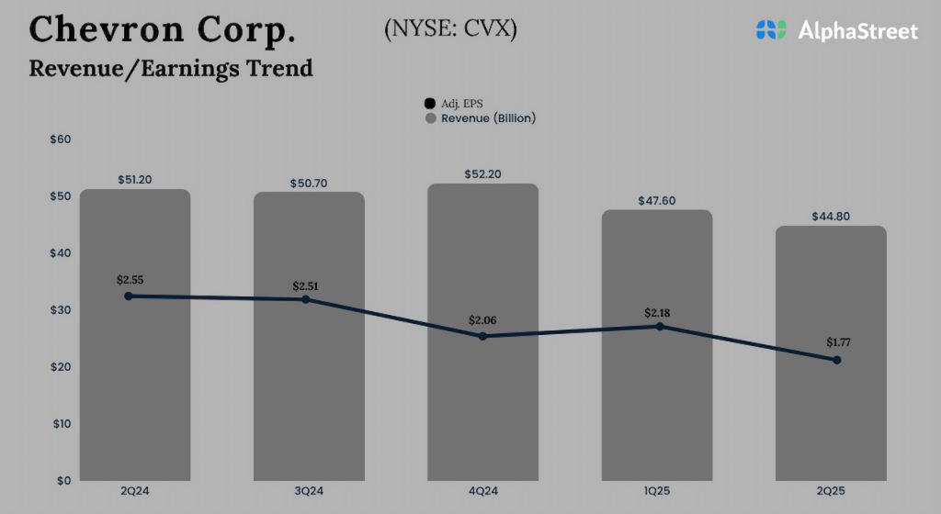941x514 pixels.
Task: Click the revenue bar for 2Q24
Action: pyautogui.click(x=135, y=385)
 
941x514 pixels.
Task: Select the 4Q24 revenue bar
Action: pyautogui.click(x=482, y=404)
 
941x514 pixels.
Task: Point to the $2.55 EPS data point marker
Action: pyautogui.click(x=129, y=296)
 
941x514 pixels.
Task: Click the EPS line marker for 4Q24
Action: pyautogui.click(x=482, y=336)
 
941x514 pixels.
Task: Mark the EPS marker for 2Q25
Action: pyautogui.click(x=836, y=360)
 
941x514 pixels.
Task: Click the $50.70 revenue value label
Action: pyautogui.click(x=309, y=183)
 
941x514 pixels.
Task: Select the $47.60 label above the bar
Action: pyautogui.click(x=656, y=200)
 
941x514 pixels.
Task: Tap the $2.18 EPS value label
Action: pyautogui.click(x=657, y=313)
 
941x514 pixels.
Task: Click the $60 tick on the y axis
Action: pyautogui.click(x=60, y=140)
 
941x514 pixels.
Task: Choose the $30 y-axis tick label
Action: pyautogui.click(x=60, y=310)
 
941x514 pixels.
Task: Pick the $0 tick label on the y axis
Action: pyautogui.click(x=64, y=481)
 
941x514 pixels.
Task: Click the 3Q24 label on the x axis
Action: pyautogui.click(x=309, y=492)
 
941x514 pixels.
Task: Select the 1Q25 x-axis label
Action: pyautogui.click(x=656, y=492)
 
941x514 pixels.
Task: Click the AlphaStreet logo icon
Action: pyautogui.click(x=772, y=30)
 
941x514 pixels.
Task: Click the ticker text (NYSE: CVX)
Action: pyautogui.click(x=450, y=28)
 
